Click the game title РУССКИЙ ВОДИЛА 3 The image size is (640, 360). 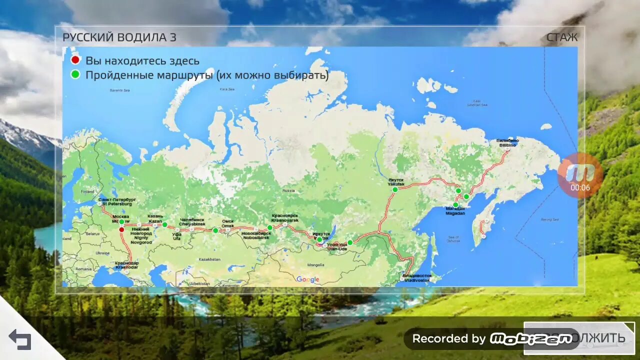click(x=119, y=37)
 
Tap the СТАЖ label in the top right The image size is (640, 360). click(x=561, y=37)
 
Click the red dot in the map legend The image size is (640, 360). click(x=75, y=60)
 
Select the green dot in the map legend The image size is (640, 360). click(x=75, y=75)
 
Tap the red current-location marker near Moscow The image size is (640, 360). click(x=121, y=229)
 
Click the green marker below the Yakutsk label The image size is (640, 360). click(x=395, y=189)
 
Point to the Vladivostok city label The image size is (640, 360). click(x=417, y=278)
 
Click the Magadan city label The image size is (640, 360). click(x=455, y=211)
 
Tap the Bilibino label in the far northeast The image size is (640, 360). click(x=507, y=142)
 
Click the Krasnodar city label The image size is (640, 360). click(x=126, y=265)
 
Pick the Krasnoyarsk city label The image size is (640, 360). click(x=285, y=218)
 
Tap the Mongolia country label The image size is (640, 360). click(x=315, y=265)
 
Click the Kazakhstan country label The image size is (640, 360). click(x=209, y=259)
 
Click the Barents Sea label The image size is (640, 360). click(x=119, y=90)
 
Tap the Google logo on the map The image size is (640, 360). click(x=307, y=279)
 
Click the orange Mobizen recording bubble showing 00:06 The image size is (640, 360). click(x=580, y=175)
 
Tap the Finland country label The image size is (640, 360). click(x=87, y=191)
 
